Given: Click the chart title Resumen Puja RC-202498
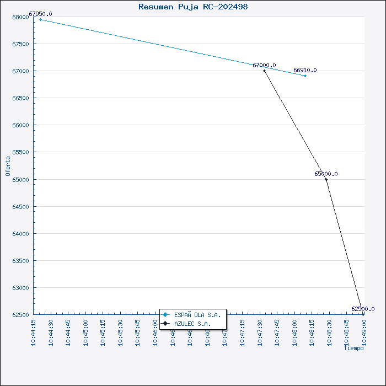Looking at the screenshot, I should pos(193,7).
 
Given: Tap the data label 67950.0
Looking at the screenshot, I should pos(40,14).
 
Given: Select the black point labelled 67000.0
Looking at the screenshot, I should pos(265,71).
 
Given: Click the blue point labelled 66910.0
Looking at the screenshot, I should pos(305,76).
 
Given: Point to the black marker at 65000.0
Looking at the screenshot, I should pos(326,179).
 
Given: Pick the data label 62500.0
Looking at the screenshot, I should pos(363,309).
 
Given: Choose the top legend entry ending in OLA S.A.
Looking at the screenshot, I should pos(197,315).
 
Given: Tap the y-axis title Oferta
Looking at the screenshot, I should pos(8,165).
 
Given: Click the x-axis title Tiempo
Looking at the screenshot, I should pos(353,348).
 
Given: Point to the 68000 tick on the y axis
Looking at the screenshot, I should pos(20,17).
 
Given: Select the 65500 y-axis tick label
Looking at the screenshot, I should pos(20,152).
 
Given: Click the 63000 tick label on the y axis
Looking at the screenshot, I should pos(20,288).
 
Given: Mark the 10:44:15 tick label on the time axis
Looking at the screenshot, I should pos(34,332).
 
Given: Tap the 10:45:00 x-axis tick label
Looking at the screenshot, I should pos(86,332).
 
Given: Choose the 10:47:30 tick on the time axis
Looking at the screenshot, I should pos(260,332).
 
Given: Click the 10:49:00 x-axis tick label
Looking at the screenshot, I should pos(364,332).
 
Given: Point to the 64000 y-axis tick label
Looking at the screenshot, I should pos(20,234).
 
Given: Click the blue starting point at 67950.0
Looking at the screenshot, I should pos(40,19).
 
